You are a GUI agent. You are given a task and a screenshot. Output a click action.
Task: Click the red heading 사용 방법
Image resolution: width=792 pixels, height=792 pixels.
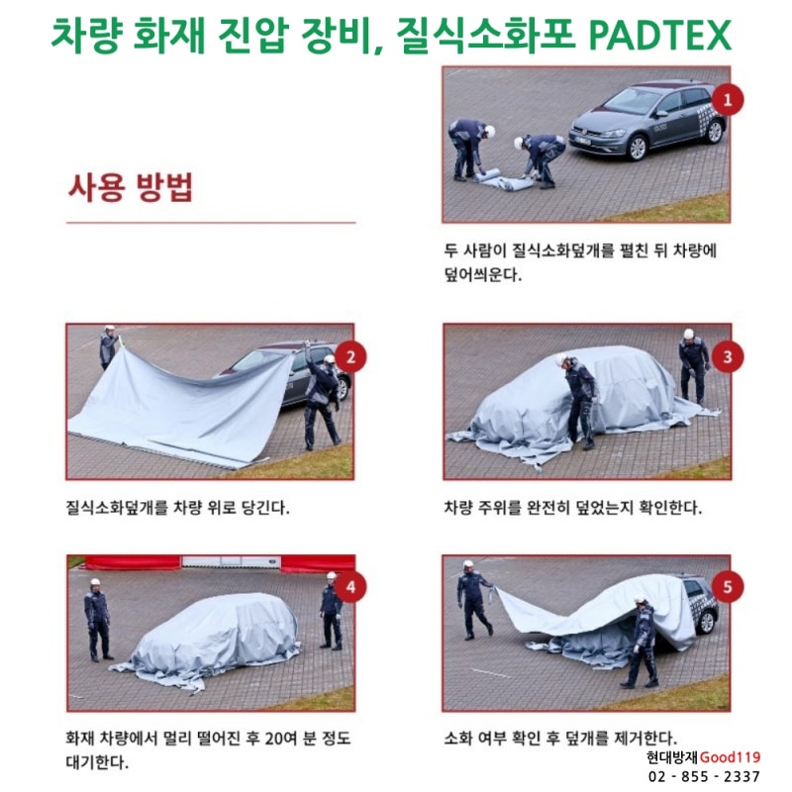coord(130,187)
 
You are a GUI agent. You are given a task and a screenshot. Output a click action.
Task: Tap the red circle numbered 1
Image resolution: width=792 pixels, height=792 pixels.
coord(728,99)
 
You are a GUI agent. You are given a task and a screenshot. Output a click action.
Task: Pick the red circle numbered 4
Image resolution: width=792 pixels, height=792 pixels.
coord(349,589)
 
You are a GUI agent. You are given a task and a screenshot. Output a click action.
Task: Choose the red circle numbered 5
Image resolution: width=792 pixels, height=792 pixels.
coord(728,589)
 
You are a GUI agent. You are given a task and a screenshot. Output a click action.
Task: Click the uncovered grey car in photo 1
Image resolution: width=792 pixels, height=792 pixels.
coord(647,120)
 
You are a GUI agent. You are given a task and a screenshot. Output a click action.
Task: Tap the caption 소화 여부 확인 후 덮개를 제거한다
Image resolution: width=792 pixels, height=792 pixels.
coord(560,739)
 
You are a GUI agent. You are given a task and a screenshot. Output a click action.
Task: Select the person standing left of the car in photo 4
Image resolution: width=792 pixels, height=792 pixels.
coord(97,620)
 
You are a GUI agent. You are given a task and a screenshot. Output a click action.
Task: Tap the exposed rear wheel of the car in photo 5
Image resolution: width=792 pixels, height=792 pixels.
coord(707,623)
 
